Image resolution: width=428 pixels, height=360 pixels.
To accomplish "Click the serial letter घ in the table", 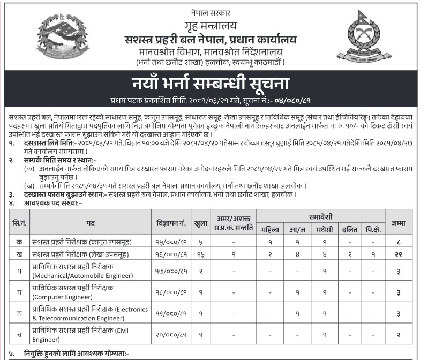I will (19, 291).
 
